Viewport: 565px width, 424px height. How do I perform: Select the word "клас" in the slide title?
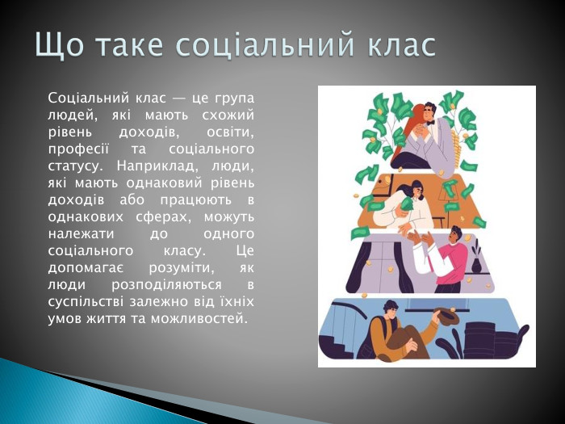tap(397, 46)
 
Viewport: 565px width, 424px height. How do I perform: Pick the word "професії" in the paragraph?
tap(74, 149)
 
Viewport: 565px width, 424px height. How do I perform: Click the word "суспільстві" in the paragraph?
tap(86, 301)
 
